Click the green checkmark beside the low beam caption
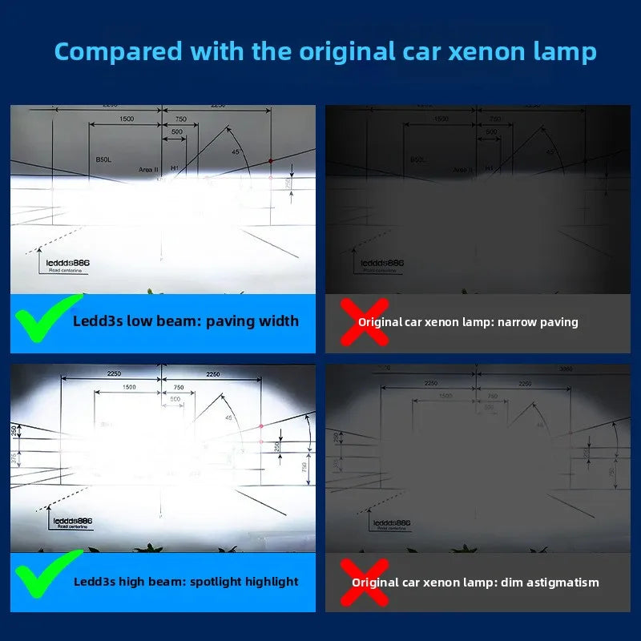44,320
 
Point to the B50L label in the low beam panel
103,160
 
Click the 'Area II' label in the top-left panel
149,170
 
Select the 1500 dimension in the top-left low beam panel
127,119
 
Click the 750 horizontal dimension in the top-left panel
180,119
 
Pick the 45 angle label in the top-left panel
235,151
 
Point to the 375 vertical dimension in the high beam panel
14,458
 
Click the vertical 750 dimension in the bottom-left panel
304,467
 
